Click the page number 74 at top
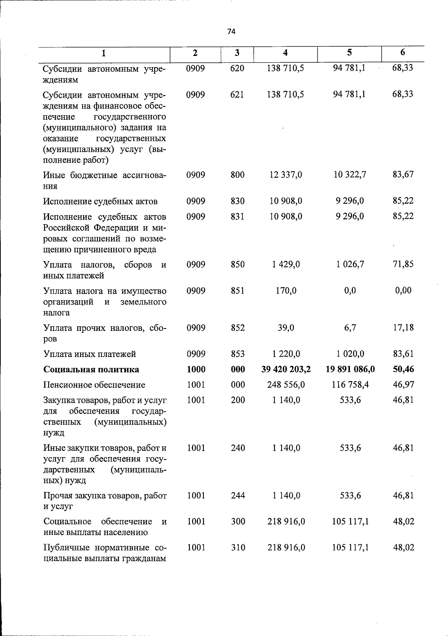pos(231,32)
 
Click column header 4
pos(285,53)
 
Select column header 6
pos(402,53)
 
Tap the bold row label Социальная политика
pos(91,369)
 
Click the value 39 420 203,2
pos(286,369)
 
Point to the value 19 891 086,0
pos(350,369)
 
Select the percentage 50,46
pos(403,369)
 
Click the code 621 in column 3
pos(237,94)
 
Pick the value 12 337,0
pos(286,175)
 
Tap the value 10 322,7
pos(350,175)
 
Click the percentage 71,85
pos(403,264)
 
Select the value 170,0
pos(286,291)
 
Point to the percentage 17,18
pos(403,328)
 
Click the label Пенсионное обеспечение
pos(94,385)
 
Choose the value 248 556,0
pos(286,385)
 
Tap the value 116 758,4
pos(350,385)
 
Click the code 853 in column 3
pos(237,354)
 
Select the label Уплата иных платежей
pos(90,354)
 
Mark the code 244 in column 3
pos(238,496)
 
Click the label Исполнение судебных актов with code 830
pos(100,201)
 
